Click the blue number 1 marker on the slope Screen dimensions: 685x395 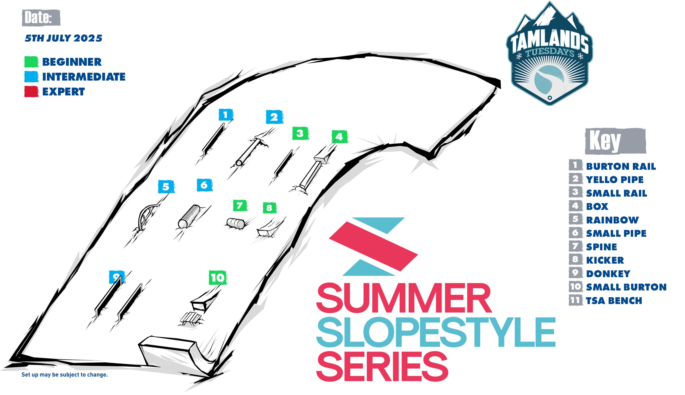tap(226, 115)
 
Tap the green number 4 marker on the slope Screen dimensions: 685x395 tap(340, 136)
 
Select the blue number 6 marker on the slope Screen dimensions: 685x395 tap(204, 185)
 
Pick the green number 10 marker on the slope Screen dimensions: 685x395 tap(217, 277)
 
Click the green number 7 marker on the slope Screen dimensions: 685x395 tap(240, 205)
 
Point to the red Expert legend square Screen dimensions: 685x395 tap(32, 92)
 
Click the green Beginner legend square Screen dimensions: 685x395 tap(32, 62)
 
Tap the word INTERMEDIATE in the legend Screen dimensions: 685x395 tap(84, 77)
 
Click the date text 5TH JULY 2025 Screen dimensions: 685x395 tap(63, 38)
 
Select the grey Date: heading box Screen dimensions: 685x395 tap(41, 18)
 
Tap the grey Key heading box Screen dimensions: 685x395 tap(616, 141)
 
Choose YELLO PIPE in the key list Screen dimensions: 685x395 tap(615, 180)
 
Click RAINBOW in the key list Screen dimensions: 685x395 tap(612, 220)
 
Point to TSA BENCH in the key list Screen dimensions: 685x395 tap(614, 301)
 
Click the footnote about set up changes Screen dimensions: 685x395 tap(65, 375)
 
